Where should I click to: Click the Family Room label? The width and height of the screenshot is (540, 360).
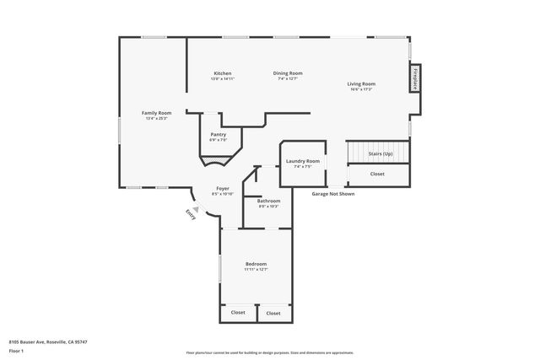157,112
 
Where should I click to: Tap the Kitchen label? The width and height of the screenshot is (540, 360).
223,73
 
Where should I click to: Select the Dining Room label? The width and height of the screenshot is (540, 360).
288,73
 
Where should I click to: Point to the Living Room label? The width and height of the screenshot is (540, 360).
361,83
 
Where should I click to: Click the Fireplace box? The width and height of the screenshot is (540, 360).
415,78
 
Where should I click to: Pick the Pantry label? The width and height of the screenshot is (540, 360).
218,134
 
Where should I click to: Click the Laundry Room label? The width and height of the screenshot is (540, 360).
303,160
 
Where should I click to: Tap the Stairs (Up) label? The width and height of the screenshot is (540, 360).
381,154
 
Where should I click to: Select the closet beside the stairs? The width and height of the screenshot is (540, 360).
377,174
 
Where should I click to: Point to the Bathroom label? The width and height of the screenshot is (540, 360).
269,201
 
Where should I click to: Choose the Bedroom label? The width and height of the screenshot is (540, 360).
256,264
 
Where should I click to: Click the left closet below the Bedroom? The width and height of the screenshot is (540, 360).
238,312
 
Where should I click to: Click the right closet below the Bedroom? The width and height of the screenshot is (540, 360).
273,313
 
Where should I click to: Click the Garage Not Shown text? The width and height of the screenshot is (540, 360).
332,193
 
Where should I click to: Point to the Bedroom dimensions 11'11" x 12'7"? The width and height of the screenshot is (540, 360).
256,270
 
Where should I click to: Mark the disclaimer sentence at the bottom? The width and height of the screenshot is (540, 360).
270,352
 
